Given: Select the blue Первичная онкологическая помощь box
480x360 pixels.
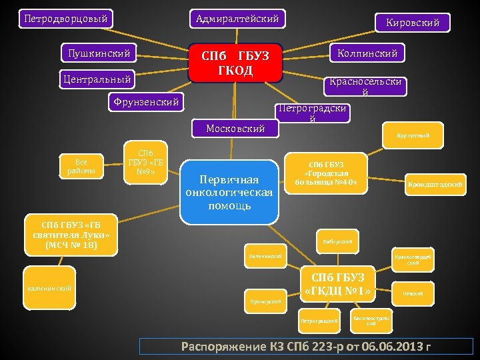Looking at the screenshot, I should (230, 192).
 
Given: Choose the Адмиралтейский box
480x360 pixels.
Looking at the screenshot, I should (237, 19).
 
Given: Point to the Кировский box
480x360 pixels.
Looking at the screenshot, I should (412, 23).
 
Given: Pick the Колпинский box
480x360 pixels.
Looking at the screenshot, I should (367, 52).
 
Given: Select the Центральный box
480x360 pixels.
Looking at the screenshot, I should (97, 79).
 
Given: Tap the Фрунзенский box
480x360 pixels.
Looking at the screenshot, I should (146, 102).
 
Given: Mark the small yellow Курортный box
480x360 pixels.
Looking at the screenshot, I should (413, 136).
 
